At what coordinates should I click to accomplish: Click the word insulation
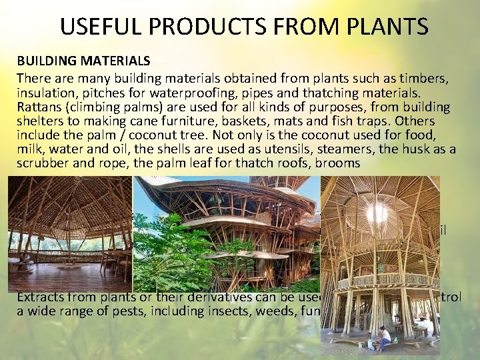point(45,93)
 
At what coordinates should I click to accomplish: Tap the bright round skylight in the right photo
point(377,213)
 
